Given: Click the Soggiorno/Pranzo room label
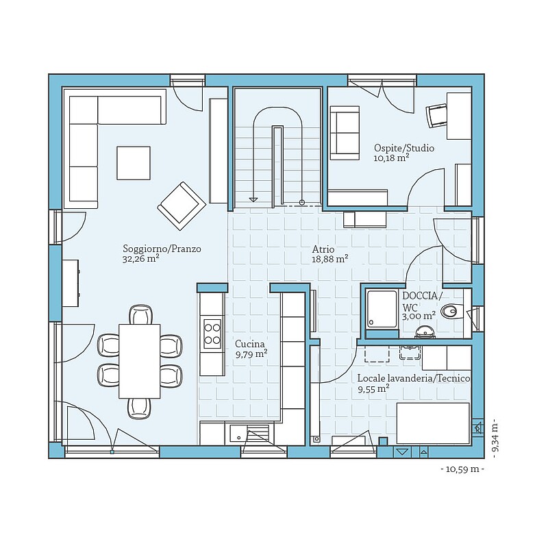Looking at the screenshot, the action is [162, 249].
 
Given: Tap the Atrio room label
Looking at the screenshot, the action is [323, 249].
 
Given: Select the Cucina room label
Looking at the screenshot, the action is [249, 344].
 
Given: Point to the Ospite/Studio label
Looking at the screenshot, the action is [404, 148].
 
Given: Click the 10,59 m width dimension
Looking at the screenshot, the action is [462, 469].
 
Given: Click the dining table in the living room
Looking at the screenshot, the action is [140, 361].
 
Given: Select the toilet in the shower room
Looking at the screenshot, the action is [451, 311].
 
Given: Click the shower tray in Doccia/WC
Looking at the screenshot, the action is [382, 310].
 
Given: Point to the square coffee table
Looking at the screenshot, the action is [134, 163].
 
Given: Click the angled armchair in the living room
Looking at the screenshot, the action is [182, 206].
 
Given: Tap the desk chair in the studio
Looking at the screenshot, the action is [436, 116].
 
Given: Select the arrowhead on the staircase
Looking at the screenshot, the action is [253, 199].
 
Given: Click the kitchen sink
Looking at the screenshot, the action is [238, 434].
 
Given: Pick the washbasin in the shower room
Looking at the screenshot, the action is [425, 332].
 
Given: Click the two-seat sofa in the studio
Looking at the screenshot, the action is [345, 133].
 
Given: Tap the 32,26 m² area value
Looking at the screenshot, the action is [141, 259].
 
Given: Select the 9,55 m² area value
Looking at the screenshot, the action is [373, 389].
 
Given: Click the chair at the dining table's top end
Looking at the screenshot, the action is [141, 314].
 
